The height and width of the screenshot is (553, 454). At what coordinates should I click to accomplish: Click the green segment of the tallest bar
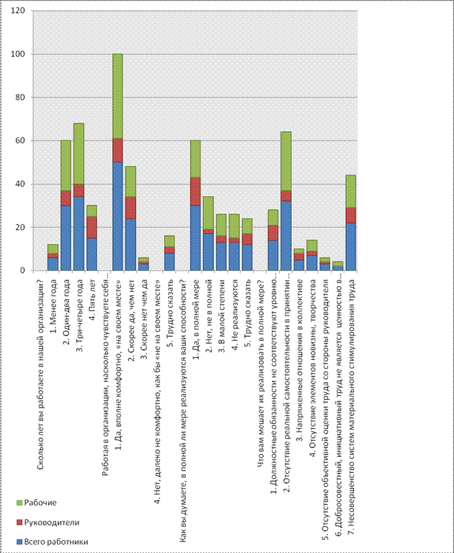pos(118,95)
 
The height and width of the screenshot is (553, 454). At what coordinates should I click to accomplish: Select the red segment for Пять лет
pos(92,227)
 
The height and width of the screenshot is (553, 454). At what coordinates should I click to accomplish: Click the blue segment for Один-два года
pos(66,237)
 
